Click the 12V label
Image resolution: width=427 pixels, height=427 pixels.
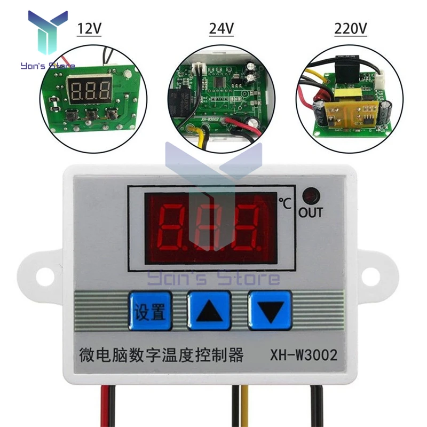[89, 28]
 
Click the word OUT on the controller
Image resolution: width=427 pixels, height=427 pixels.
[310, 212]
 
